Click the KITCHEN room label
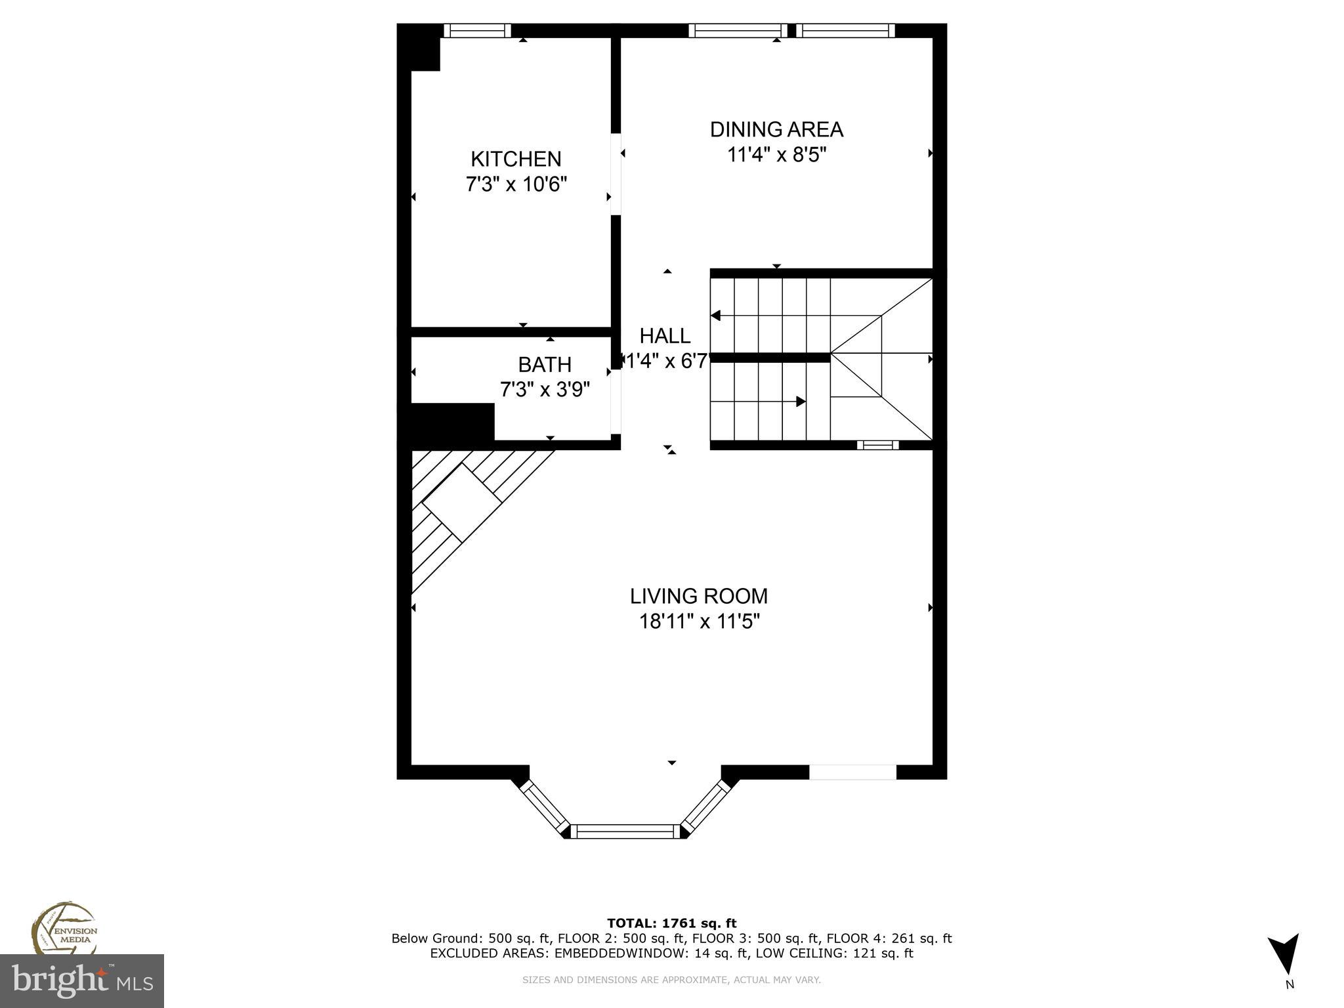[x=516, y=159]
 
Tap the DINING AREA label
[x=776, y=129]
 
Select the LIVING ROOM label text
[x=698, y=596]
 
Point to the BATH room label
[x=545, y=364]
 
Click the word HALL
[x=665, y=336]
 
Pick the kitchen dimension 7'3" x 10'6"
[x=516, y=184]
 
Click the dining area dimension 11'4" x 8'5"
[x=776, y=155]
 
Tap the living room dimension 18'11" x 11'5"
[x=700, y=621]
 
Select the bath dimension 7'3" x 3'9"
[x=545, y=390]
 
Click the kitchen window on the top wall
[x=477, y=30]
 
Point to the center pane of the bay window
[x=624, y=831]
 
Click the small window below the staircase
[x=877, y=445]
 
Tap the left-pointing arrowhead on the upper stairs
[x=716, y=316]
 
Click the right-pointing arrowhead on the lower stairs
[x=801, y=401]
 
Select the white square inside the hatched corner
[x=461, y=502]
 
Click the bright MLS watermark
[x=82, y=981]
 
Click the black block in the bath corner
[x=452, y=423]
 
